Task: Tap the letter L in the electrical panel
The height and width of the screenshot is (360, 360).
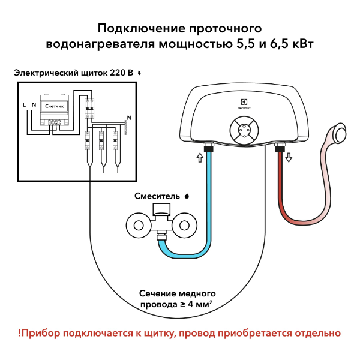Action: click(x=24, y=105)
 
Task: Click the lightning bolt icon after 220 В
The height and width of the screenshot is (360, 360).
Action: click(x=140, y=73)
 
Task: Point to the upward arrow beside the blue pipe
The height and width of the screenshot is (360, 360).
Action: click(x=199, y=158)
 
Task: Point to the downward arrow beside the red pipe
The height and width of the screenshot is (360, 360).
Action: click(x=288, y=157)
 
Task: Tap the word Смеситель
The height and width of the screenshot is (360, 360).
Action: click(x=155, y=196)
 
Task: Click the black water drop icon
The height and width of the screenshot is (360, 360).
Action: click(x=186, y=196)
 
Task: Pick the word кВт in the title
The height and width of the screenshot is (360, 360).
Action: click(x=300, y=44)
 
